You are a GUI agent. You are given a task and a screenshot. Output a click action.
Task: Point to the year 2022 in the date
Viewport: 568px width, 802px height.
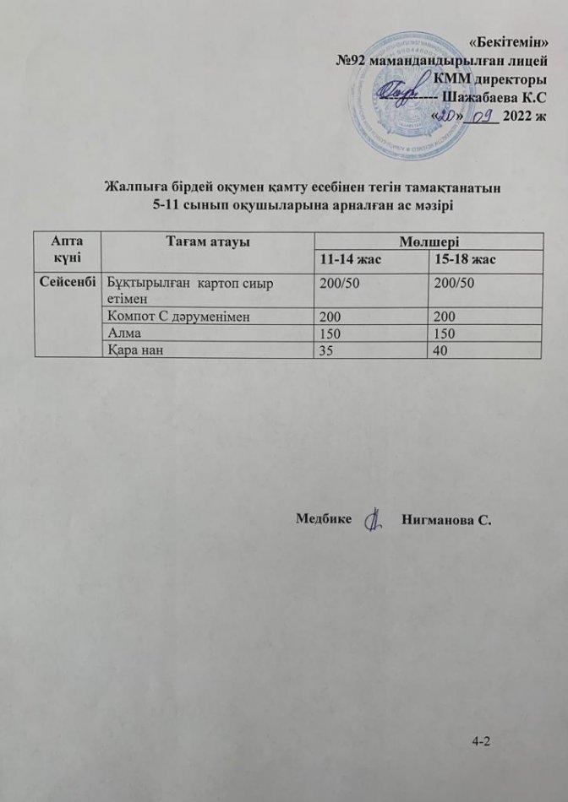coord(515,117)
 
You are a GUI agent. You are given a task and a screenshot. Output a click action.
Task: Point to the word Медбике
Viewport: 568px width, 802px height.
coord(324,517)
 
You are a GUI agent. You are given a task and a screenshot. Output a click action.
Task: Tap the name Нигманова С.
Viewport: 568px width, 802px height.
coord(447,518)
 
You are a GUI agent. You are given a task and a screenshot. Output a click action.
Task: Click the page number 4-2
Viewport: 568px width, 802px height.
coord(482,741)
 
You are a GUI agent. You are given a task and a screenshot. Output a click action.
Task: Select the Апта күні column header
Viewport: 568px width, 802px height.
coord(67,248)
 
